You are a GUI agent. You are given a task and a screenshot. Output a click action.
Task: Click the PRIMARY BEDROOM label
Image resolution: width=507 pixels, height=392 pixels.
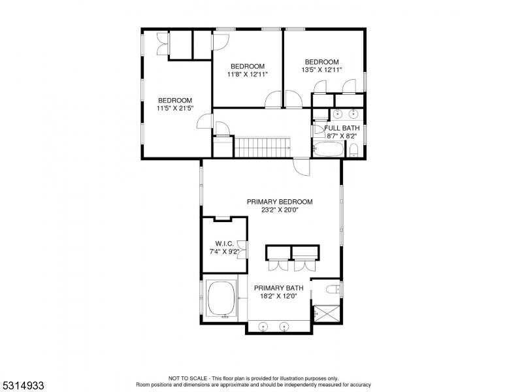point(280,202)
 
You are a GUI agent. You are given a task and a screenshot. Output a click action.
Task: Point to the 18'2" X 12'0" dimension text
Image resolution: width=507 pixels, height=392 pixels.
point(279,296)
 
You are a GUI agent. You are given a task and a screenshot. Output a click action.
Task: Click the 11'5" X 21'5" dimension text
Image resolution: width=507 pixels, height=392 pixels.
point(174,109)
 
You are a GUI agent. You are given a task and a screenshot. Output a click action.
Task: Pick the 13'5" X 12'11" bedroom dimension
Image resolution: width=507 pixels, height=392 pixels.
point(321,70)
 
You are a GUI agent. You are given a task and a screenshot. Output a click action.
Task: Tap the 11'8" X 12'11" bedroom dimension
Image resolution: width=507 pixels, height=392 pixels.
point(248,74)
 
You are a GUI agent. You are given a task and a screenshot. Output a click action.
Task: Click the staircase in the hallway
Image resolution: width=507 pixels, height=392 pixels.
point(261,147)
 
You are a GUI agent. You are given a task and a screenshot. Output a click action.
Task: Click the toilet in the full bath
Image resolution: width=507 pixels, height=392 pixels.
point(353,152)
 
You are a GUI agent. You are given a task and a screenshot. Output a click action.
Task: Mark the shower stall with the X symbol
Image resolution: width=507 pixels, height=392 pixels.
point(327,314)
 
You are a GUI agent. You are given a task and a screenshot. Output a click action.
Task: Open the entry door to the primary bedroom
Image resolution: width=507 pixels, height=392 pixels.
point(301,167)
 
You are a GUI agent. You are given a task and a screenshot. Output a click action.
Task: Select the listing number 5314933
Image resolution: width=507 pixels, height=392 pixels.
point(23,385)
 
